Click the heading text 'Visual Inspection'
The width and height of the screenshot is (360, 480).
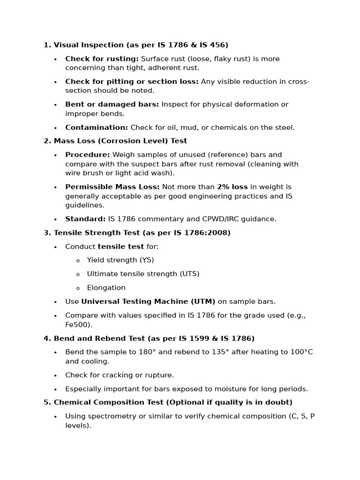89,45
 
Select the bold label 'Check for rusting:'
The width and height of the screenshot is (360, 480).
102,59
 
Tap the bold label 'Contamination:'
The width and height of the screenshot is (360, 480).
97,127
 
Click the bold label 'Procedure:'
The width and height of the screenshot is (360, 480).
88,155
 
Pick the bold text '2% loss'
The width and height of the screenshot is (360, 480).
232,187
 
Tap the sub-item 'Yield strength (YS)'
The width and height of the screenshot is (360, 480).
120,260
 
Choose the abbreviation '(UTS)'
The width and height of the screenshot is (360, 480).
190,274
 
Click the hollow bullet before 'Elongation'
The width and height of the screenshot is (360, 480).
78,288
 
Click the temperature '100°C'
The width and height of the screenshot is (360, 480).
302,352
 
